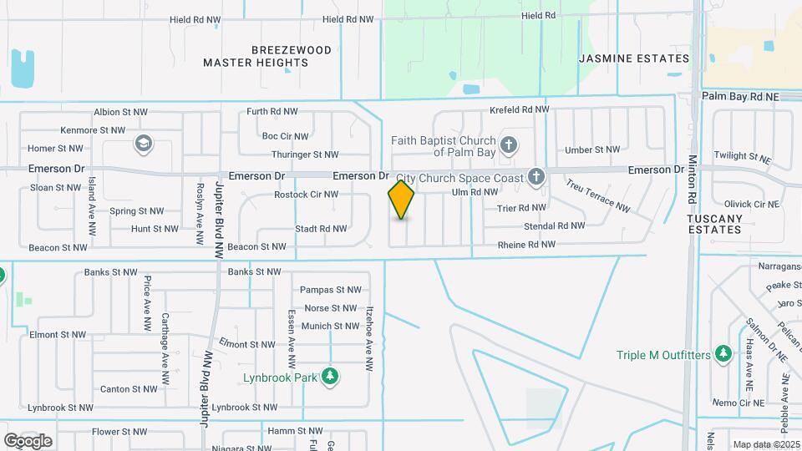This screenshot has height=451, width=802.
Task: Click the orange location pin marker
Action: pos(402,200)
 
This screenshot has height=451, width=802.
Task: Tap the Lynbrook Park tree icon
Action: pos(331,377)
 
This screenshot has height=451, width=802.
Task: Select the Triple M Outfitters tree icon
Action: pos(723,355)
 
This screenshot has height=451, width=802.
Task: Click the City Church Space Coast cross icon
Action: pos(536,177)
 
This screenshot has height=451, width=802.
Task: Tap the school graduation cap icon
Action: pos(143,144)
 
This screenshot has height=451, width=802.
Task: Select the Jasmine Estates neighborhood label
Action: pos(635,58)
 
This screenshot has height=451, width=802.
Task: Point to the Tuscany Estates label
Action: pos(715,223)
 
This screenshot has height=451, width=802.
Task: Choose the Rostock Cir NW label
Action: pos(306,195)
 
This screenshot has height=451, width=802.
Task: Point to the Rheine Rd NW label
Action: pos(526,245)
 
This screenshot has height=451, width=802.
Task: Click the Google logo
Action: pos(28,440)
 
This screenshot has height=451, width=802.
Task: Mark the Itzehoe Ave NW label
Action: pos(368,337)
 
